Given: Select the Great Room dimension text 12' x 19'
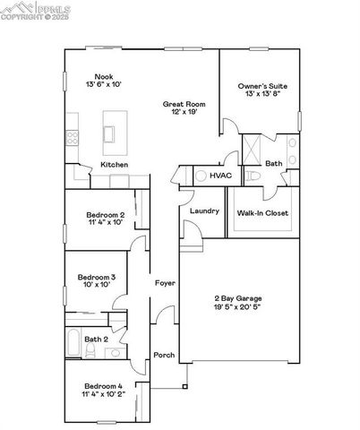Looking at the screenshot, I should [178, 113].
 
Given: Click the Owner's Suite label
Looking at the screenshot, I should [262, 87].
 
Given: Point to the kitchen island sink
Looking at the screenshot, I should [111, 133].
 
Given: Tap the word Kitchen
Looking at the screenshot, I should [114, 165].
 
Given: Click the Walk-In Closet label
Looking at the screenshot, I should [261, 213].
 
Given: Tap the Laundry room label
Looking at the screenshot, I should [204, 211].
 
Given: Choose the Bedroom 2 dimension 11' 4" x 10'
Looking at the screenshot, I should [105, 222].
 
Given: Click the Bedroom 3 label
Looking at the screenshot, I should [95, 277].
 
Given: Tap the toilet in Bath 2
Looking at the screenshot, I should [115, 353].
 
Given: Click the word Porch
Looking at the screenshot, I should [164, 355].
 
